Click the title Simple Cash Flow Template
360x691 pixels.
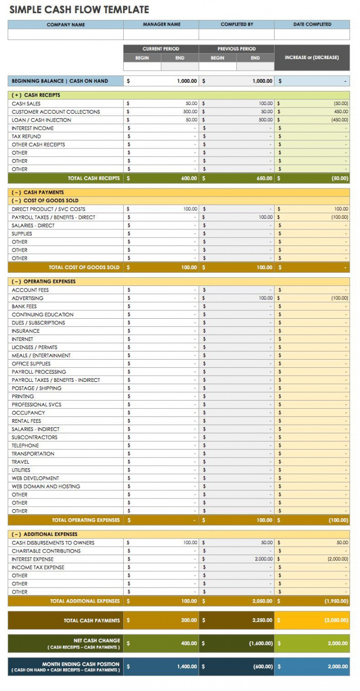[x=79, y=10]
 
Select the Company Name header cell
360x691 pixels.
[x=66, y=24]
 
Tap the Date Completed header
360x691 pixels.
[x=312, y=24]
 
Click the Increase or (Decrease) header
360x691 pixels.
[x=312, y=58]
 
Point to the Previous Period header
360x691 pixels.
[x=236, y=49]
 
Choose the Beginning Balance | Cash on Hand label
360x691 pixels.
[x=60, y=81]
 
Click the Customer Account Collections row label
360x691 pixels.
[x=56, y=112]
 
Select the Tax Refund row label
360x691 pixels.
[x=26, y=136]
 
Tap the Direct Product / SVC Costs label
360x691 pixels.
[x=48, y=209]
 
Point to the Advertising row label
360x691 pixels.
[x=28, y=298]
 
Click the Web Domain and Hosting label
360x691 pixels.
[x=46, y=486]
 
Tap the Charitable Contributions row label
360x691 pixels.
[x=46, y=551]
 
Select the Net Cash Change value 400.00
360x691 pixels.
[x=189, y=644]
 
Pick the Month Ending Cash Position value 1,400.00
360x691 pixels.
[x=187, y=667]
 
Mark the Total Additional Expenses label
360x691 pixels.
[x=85, y=601]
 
